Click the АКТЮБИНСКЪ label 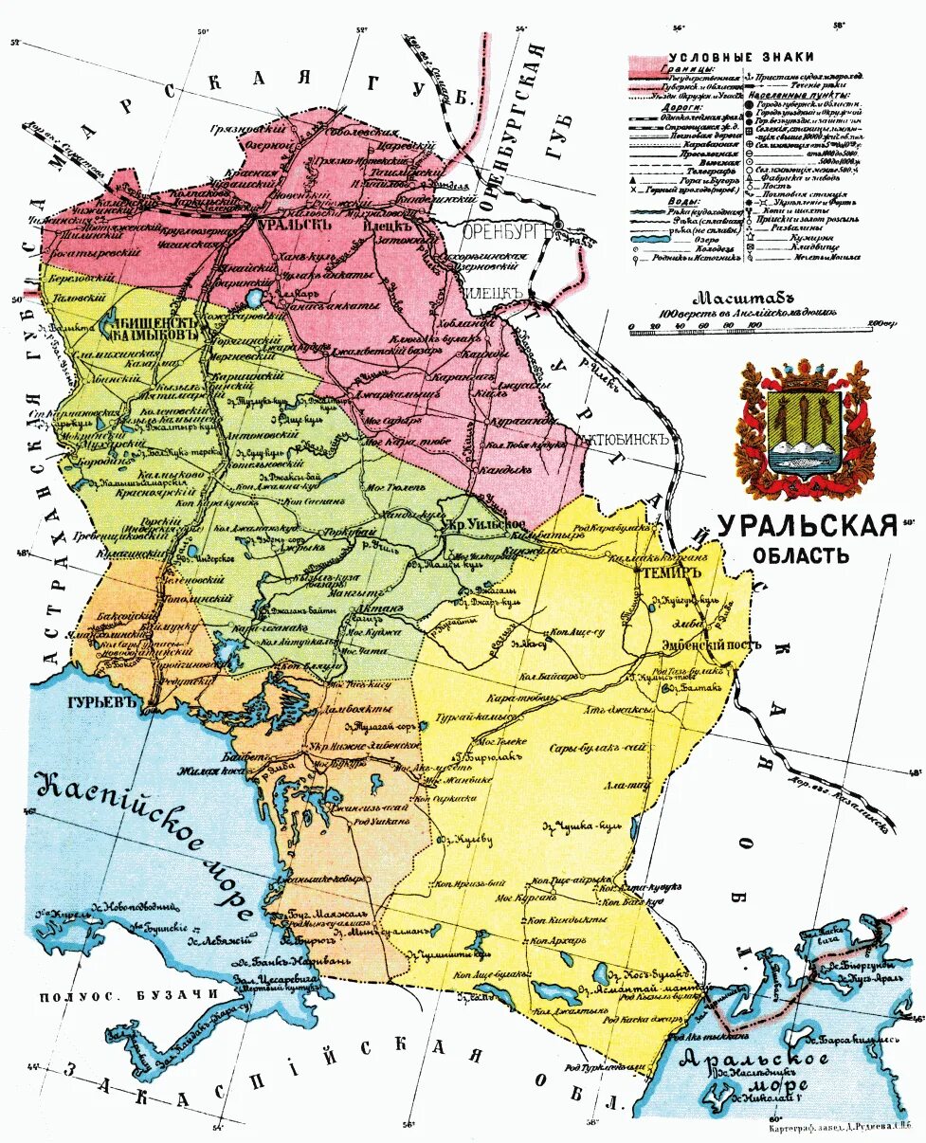[623, 440]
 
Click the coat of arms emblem [805, 429]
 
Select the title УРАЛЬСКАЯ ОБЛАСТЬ [806, 538]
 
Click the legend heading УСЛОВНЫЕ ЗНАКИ [727, 57]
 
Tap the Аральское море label [750, 1072]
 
